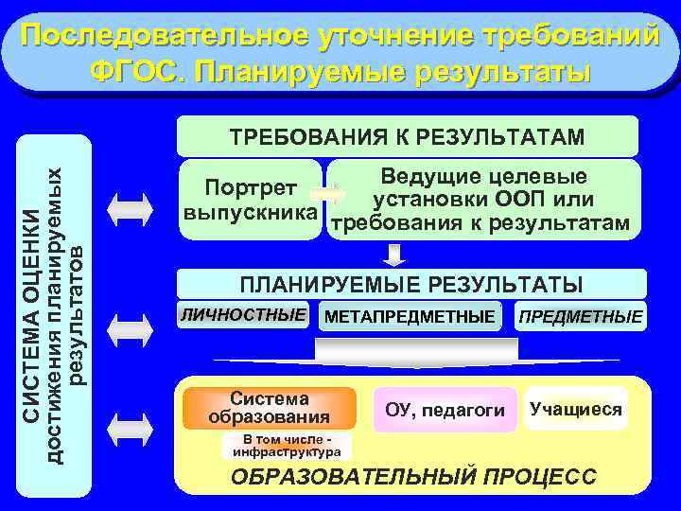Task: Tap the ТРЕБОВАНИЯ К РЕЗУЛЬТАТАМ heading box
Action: coord(407,136)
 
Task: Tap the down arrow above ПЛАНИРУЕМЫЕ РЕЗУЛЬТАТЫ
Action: coord(394,253)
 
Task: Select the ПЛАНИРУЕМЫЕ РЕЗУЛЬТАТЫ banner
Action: coord(411,284)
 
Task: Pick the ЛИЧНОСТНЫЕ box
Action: coord(244,314)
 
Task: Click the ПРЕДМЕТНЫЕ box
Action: coord(580,316)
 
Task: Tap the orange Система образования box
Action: coord(270,408)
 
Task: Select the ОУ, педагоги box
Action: coord(445,410)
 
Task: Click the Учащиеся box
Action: coord(576,409)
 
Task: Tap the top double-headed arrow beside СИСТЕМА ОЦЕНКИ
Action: coord(130,205)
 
